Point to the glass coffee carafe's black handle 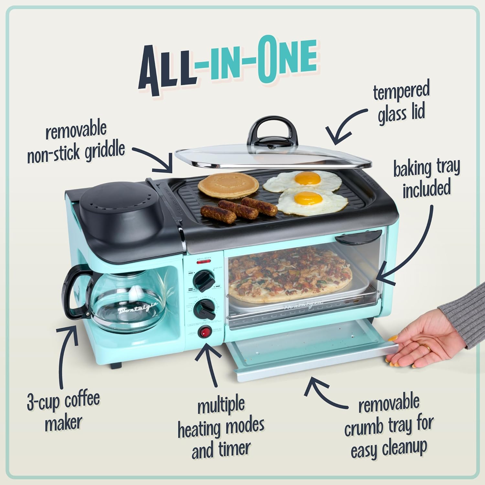[x=74, y=292]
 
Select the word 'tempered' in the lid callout [x=401, y=92]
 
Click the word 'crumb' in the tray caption [x=368, y=427]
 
